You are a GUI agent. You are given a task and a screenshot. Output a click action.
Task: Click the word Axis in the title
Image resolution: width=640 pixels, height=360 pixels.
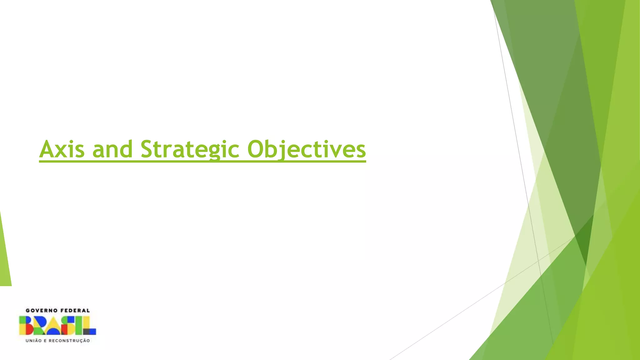tap(62, 149)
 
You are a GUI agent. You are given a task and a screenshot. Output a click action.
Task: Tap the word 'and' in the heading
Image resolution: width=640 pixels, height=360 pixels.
tap(112, 149)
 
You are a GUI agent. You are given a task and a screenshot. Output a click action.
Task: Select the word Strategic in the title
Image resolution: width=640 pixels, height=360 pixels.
tap(190, 149)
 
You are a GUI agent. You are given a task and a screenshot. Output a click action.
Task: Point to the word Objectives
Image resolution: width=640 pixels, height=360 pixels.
tap(306, 149)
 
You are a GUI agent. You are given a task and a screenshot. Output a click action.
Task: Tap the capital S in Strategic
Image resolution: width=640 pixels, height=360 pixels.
tap(148, 149)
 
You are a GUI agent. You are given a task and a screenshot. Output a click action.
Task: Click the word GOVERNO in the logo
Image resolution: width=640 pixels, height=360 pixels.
tap(41, 310)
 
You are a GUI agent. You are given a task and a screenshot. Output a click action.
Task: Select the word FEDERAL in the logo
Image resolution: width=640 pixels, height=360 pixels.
tap(75, 310)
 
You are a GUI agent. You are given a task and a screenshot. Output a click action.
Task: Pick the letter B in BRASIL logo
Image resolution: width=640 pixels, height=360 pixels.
tap(26, 325)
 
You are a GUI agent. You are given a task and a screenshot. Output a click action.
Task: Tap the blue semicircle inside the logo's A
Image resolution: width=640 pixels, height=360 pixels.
tap(53, 332)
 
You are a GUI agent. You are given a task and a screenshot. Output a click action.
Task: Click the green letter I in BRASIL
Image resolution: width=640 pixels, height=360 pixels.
tap(79, 325)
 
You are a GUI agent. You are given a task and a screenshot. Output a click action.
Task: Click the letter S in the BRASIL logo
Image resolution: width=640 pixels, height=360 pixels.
tap(68, 325)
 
